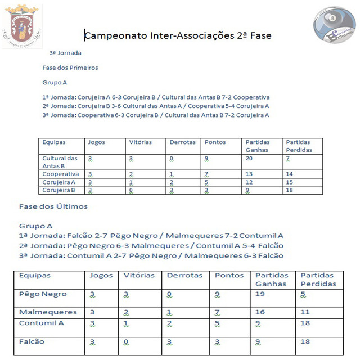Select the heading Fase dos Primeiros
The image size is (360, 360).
[70, 67]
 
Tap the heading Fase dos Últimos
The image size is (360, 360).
[53, 206]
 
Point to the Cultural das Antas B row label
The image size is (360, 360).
[60, 162]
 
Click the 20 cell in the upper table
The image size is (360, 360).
[249, 159]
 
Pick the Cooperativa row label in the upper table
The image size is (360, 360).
[60, 174]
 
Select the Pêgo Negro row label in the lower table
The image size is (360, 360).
[43, 294]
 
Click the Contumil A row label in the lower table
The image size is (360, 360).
[42, 323]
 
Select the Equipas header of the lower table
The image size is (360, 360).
[35, 276]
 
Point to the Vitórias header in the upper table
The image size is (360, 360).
[141, 142]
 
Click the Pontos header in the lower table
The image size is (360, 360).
[229, 276]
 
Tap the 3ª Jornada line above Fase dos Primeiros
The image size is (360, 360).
[65, 53]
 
